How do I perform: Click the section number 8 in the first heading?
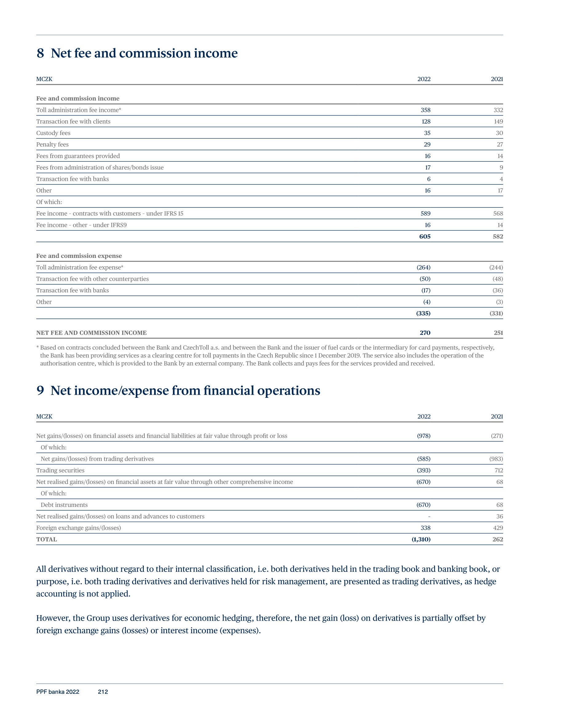(x=40, y=53)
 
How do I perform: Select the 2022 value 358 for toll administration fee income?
(x=425, y=110)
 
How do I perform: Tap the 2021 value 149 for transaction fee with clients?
(x=498, y=122)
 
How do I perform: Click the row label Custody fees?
(x=53, y=133)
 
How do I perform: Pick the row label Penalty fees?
(x=52, y=145)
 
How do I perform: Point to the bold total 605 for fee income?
(x=425, y=236)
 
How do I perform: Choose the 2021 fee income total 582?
(x=498, y=236)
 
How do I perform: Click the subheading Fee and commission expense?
(x=79, y=256)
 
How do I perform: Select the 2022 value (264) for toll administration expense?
(x=423, y=267)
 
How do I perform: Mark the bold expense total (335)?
(x=423, y=314)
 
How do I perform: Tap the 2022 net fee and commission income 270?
(x=425, y=333)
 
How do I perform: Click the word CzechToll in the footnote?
(x=196, y=348)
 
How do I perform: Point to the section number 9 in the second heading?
(x=40, y=391)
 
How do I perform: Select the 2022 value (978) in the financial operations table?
(x=423, y=436)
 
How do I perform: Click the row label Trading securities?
(x=60, y=470)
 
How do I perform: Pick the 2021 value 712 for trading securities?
(x=498, y=470)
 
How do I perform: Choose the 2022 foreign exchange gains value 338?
(x=425, y=528)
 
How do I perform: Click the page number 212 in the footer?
(x=103, y=692)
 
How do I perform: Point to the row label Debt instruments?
(x=64, y=505)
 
